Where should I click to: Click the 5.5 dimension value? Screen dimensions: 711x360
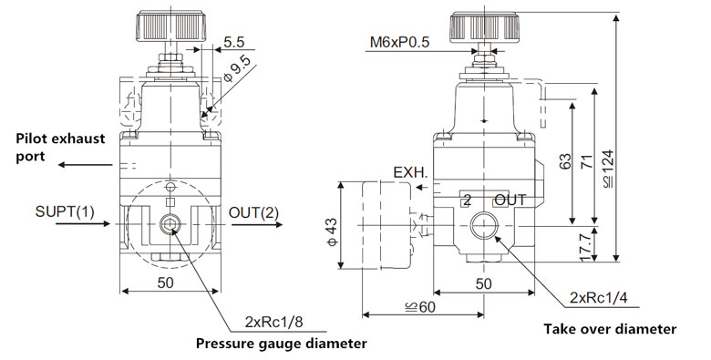click(x=234, y=42)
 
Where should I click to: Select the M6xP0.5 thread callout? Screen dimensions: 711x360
click(x=399, y=42)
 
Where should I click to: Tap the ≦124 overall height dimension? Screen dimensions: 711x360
click(x=608, y=169)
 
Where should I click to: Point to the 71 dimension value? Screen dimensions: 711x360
click(x=587, y=162)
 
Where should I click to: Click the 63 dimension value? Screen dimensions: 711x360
click(x=565, y=162)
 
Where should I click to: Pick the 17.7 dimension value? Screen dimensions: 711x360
click(x=587, y=247)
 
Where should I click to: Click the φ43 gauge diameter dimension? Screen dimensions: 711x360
click(x=332, y=232)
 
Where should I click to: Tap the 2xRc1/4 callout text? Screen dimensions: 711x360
click(x=599, y=297)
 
